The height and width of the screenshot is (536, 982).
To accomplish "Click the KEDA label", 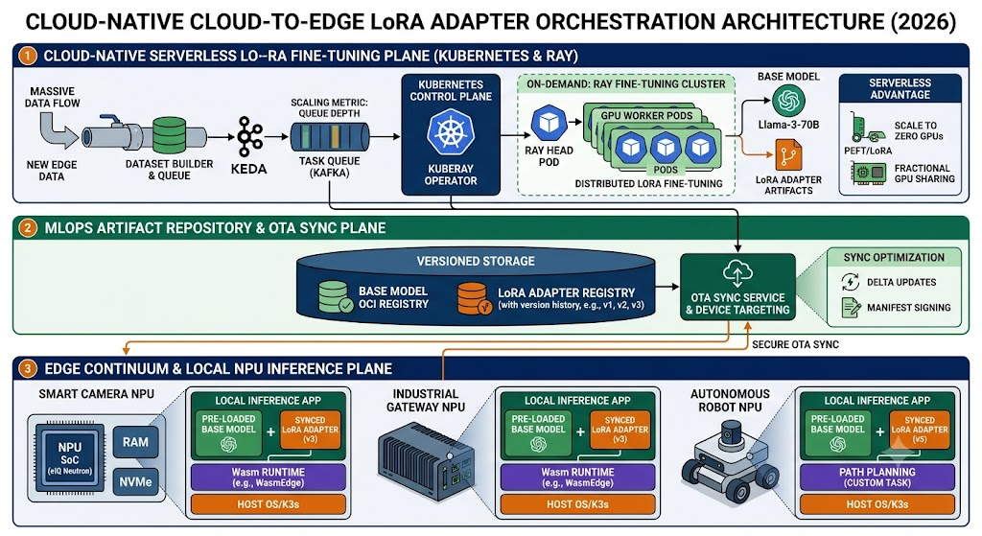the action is click(x=248, y=169).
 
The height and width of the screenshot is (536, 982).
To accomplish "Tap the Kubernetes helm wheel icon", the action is click(x=451, y=132).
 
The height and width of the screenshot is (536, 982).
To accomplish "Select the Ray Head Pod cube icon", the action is click(x=549, y=123).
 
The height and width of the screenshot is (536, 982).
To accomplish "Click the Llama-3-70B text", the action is click(x=788, y=125).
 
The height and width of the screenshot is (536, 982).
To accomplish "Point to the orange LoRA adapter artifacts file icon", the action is click(x=788, y=155).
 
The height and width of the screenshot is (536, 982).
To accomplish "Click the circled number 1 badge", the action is click(x=28, y=56).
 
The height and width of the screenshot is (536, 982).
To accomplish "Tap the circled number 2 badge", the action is click(x=28, y=228).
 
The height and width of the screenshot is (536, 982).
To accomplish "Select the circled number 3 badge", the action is click(x=28, y=369).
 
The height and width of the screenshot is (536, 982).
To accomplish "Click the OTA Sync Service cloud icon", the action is click(x=737, y=273).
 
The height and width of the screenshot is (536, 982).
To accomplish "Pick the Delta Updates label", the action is click(x=901, y=283).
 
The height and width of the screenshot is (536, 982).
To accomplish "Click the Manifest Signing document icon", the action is click(x=852, y=308).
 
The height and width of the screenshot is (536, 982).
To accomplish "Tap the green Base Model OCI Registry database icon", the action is click(x=335, y=297).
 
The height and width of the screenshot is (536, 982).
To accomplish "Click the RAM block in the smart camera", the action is click(x=135, y=442).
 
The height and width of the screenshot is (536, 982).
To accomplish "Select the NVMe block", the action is click(x=135, y=481).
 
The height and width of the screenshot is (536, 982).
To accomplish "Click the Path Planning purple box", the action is click(x=877, y=478).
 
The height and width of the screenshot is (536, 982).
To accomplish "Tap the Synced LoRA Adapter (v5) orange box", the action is click(x=920, y=430).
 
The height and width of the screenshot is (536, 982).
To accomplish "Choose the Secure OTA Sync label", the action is click(x=795, y=344).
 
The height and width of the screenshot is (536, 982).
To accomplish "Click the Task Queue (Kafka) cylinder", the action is click(x=330, y=137).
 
